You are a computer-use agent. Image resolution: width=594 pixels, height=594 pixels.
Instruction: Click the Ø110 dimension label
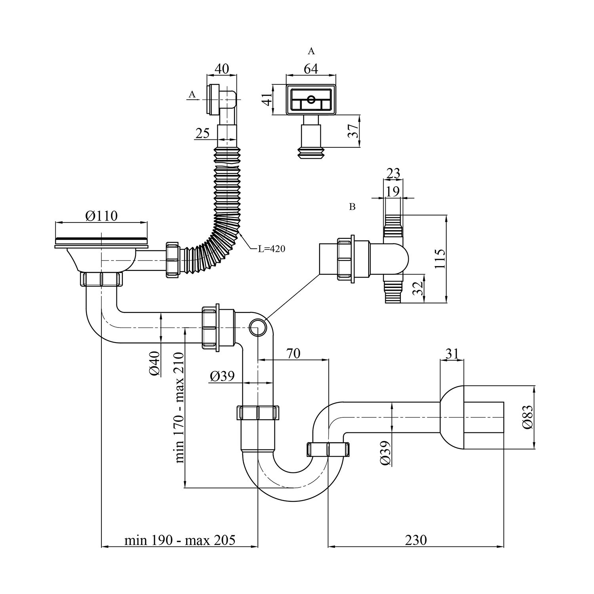[x=101, y=216]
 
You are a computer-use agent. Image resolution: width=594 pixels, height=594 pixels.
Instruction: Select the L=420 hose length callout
[x=271, y=249]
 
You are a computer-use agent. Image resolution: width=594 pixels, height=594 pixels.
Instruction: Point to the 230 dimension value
[x=416, y=540]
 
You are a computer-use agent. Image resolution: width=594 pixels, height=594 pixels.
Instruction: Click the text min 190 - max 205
[x=180, y=540]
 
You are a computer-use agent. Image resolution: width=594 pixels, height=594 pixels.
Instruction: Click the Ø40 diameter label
[x=155, y=364]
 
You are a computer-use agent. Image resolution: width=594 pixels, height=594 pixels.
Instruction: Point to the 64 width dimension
[x=311, y=69]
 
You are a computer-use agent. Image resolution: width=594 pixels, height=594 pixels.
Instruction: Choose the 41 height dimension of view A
[x=268, y=99]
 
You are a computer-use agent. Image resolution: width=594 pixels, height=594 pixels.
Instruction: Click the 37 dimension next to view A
[x=353, y=131]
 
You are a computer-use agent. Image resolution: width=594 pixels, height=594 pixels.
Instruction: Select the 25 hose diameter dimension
[x=202, y=133]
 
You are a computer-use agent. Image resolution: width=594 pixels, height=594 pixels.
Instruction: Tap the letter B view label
[x=352, y=207]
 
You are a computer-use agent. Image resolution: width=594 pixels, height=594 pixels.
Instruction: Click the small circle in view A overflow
[x=311, y=98]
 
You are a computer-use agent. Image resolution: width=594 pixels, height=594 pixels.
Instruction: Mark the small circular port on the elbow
[x=258, y=327]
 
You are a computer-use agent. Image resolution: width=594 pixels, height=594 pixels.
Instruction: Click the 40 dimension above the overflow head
[x=222, y=69]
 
